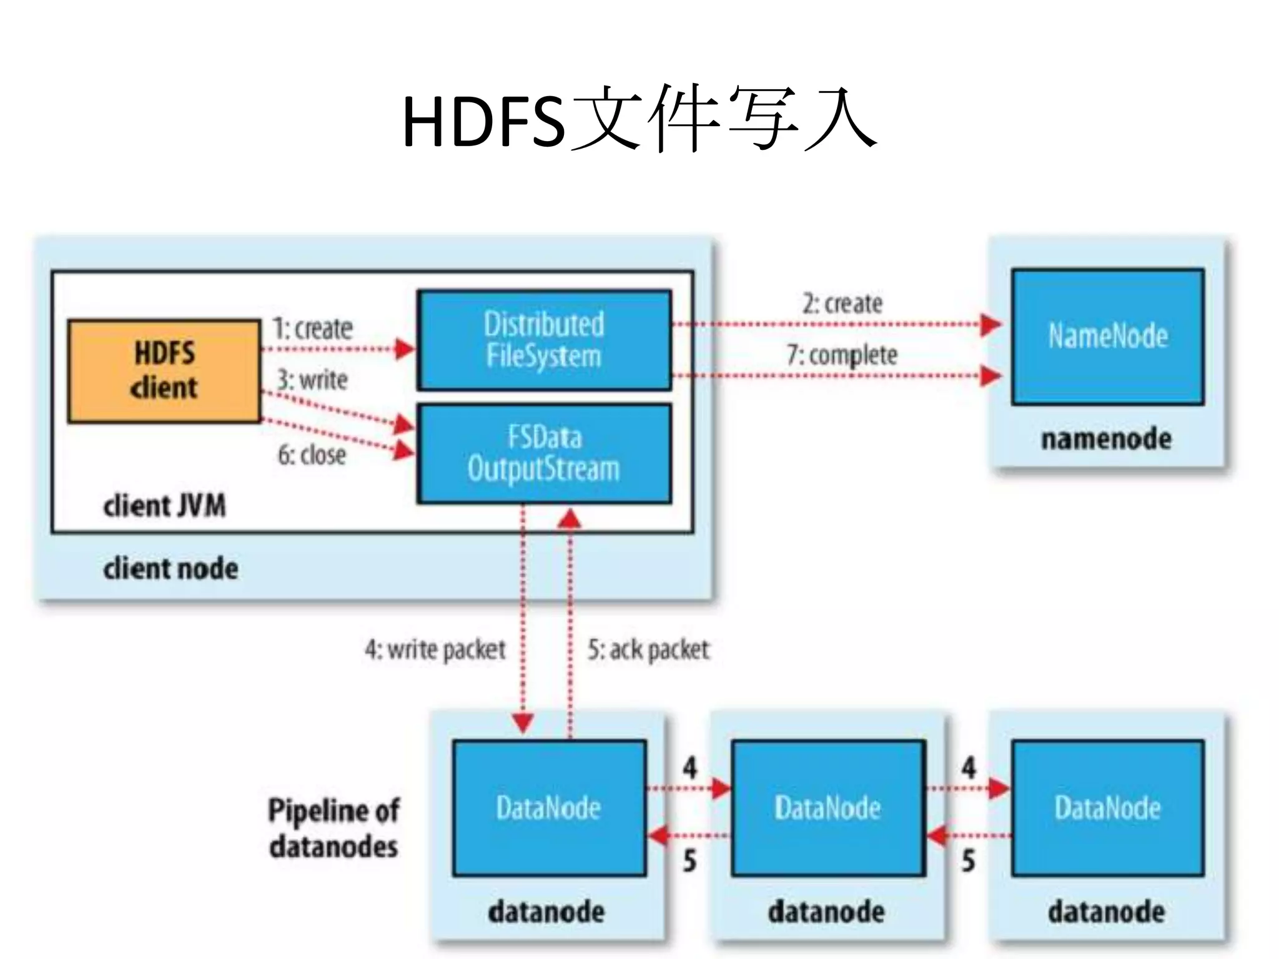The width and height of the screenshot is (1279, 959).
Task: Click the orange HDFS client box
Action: click(164, 371)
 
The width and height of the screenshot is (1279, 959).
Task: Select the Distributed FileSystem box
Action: click(544, 340)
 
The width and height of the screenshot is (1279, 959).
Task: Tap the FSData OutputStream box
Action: click(544, 453)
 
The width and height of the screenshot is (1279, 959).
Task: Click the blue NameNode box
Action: click(1108, 337)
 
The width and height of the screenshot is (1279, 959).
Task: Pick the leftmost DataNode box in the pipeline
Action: click(549, 808)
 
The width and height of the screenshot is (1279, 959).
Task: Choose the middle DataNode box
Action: click(828, 808)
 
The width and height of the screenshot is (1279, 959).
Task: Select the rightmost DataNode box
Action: click(1108, 808)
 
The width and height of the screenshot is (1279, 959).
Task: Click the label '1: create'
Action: click(312, 328)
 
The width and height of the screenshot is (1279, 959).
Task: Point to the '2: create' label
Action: click(842, 304)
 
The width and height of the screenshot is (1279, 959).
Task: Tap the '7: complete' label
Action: click(842, 355)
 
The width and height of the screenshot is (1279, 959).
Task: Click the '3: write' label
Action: click(312, 380)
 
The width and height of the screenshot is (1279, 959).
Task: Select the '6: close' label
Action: click(312, 455)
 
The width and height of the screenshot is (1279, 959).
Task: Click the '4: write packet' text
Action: click(435, 650)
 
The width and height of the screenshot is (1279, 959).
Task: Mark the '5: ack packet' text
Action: click(648, 650)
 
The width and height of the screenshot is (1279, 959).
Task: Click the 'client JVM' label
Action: click(164, 506)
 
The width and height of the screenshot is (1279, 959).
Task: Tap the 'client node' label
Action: click(170, 569)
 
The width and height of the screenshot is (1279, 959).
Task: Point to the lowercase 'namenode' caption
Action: click(1106, 439)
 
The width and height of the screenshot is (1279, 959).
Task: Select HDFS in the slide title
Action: click(484, 122)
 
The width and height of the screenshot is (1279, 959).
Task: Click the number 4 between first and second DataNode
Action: click(689, 767)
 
